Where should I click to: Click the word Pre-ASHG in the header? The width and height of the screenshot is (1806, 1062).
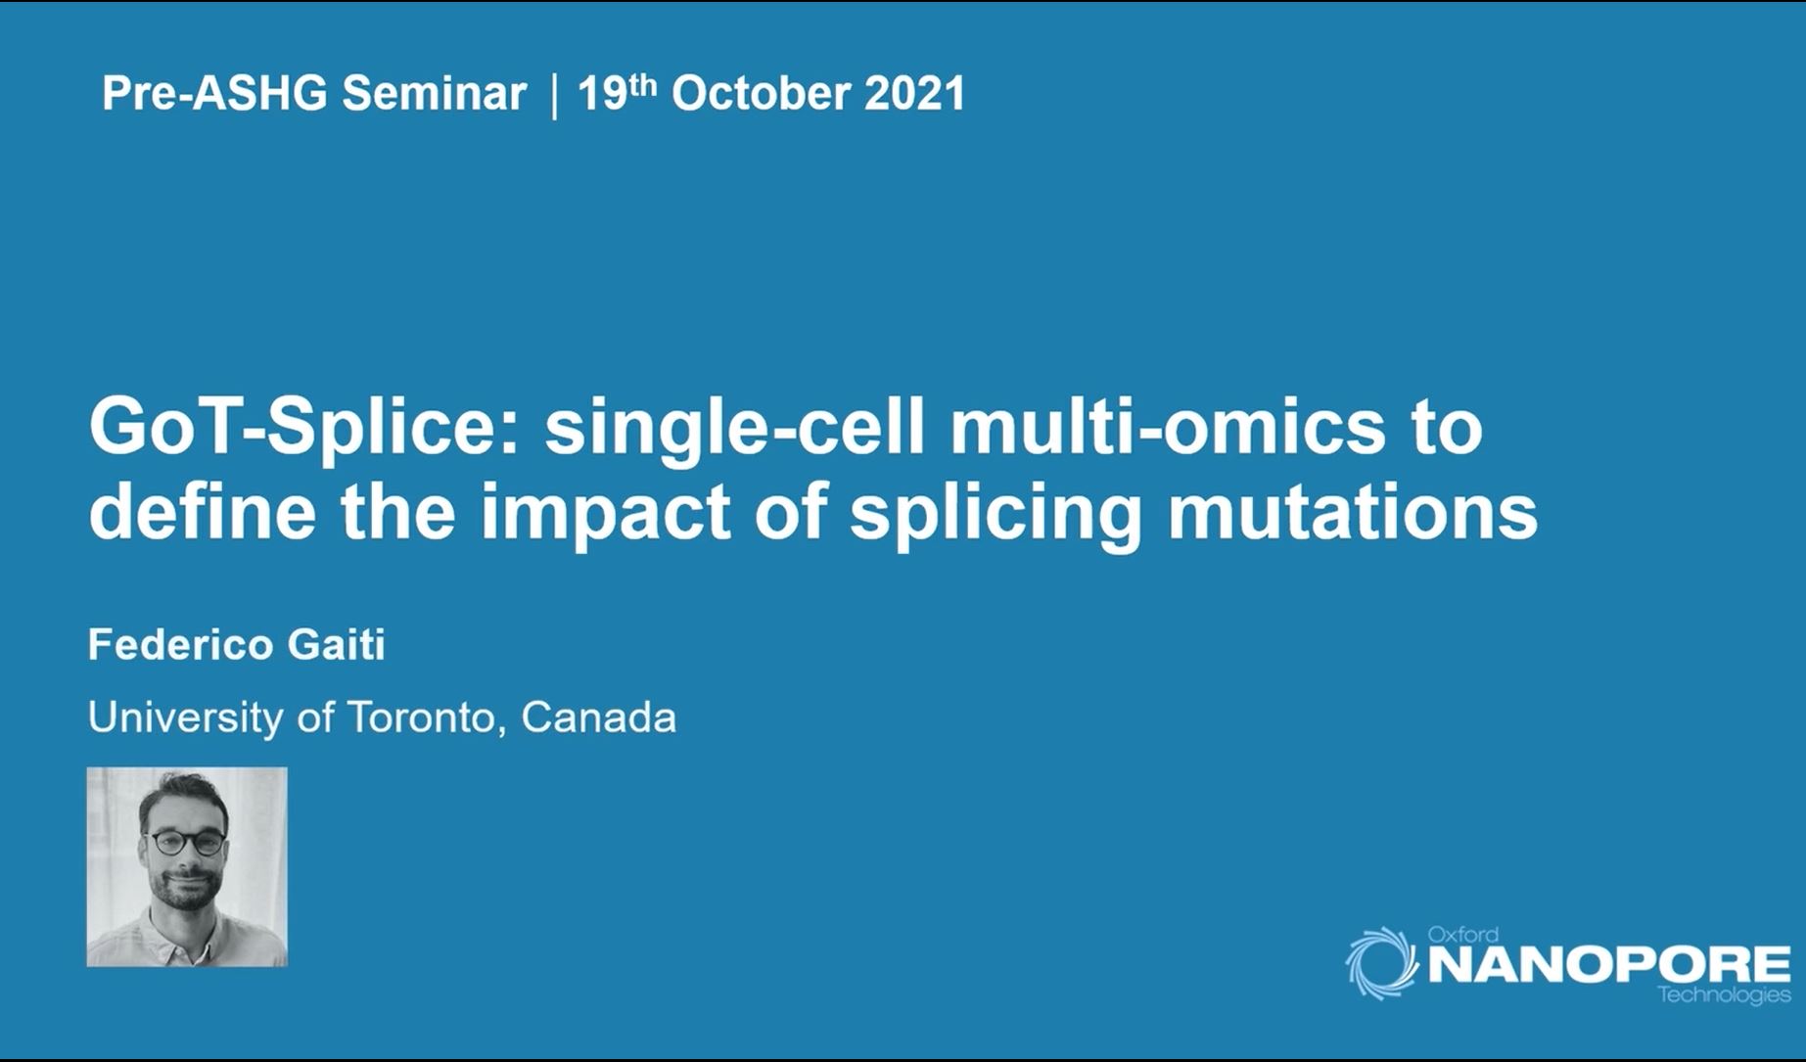[x=214, y=94]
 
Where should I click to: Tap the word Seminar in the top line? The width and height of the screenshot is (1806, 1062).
[x=434, y=94]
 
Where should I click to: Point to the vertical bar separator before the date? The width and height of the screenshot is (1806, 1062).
[x=555, y=96]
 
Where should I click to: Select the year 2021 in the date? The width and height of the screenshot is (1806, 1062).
[x=915, y=94]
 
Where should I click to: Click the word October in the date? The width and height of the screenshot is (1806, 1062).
[x=761, y=94]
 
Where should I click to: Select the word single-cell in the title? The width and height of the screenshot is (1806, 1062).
[x=734, y=430]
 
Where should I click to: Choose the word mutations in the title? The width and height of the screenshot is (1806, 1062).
[x=1353, y=512]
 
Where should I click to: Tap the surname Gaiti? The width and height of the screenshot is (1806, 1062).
[x=336, y=645]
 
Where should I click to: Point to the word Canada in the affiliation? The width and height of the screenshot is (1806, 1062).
[x=598, y=717]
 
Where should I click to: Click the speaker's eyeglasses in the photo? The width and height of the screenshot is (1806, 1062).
[x=184, y=843]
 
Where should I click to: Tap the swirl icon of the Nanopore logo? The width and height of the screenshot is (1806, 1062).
[x=1382, y=962]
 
